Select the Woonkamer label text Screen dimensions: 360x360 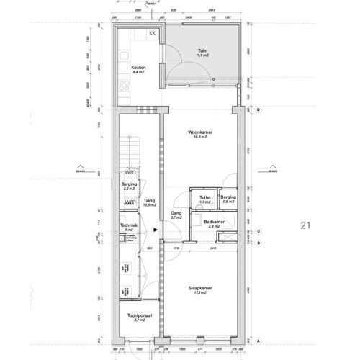point(199,133)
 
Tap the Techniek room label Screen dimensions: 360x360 point(128,226)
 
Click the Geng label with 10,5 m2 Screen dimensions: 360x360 point(150,202)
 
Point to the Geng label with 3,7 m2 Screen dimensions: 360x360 point(176,214)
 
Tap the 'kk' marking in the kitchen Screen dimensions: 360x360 point(153,33)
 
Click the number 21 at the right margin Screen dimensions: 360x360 point(305,225)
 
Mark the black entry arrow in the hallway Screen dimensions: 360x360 point(157,231)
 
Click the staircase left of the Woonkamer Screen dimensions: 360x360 point(129,148)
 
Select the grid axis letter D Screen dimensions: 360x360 point(258,109)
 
